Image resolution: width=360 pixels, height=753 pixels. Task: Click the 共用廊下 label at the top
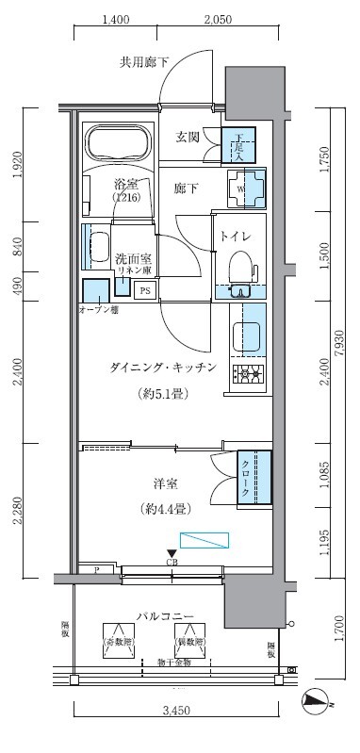tap(144, 63)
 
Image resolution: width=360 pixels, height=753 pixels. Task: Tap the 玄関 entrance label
tap(188, 137)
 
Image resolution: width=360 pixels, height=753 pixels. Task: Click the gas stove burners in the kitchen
tap(249, 374)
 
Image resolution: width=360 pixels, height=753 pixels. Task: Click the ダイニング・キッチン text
tap(163, 367)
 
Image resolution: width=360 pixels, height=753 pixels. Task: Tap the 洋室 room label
tap(166, 484)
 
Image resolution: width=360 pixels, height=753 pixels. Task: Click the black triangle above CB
tap(171, 554)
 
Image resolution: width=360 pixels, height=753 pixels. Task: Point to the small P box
tap(96, 569)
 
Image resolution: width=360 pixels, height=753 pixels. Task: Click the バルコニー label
tap(164, 616)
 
